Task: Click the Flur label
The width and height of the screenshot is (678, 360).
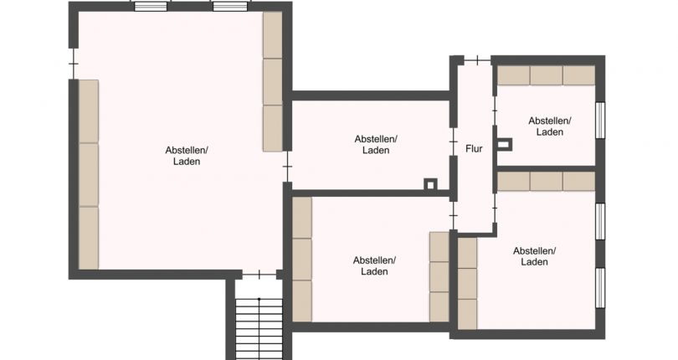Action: coord(474,149)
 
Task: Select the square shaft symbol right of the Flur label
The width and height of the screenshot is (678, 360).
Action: coord(505,145)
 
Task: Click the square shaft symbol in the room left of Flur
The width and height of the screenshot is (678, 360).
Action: coord(430,185)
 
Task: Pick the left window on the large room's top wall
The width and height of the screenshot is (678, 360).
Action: coord(151,7)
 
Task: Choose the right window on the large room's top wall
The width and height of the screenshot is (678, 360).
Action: coord(230,7)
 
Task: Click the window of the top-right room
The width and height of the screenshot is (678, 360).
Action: coord(600,121)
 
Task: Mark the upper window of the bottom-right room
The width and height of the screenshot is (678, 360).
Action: coord(600,221)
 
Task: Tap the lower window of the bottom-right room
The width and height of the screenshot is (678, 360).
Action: coord(600,289)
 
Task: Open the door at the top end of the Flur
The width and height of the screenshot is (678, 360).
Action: coord(477,60)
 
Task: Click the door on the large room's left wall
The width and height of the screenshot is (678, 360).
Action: coord(74,64)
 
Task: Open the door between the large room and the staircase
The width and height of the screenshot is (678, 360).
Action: coord(259,275)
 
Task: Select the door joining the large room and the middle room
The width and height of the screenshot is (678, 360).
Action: coord(288,167)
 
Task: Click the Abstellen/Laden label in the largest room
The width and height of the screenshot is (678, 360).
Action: coord(187,156)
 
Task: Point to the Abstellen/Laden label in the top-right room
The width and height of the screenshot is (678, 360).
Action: coord(550,126)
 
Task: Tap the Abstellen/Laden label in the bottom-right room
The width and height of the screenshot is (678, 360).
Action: coord(534,256)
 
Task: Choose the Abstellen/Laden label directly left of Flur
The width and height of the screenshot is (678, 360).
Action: coord(376,145)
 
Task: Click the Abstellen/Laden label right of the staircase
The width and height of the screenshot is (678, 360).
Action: coord(374,265)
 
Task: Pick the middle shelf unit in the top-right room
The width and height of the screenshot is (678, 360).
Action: coord(546,75)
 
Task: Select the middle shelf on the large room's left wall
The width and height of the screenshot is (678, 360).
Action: coord(89,174)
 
